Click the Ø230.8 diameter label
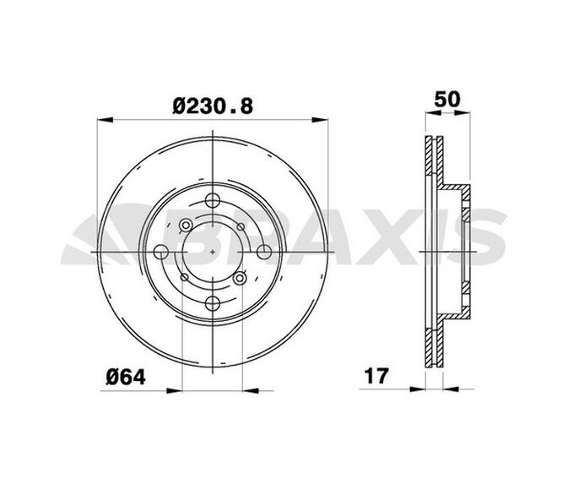point(213,106)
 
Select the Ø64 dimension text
point(127,377)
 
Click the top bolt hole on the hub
point(212,201)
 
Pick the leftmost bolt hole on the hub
point(162,251)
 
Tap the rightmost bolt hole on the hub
point(262,251)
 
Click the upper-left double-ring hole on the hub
point(186,225)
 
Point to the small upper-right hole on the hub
point(238,226)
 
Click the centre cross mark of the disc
point(212,251)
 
